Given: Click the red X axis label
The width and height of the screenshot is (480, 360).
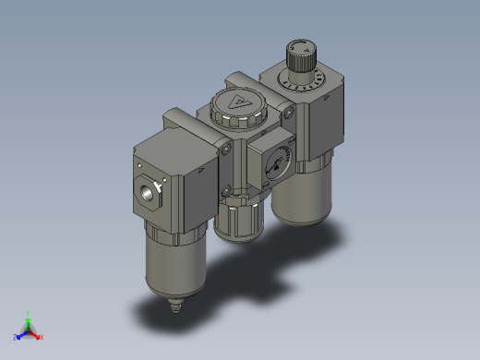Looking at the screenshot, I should pos(42,337).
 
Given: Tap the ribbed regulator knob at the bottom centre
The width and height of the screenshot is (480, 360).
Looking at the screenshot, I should pos(238,222).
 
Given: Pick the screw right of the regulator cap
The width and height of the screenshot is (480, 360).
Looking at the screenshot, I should pos(290,114).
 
